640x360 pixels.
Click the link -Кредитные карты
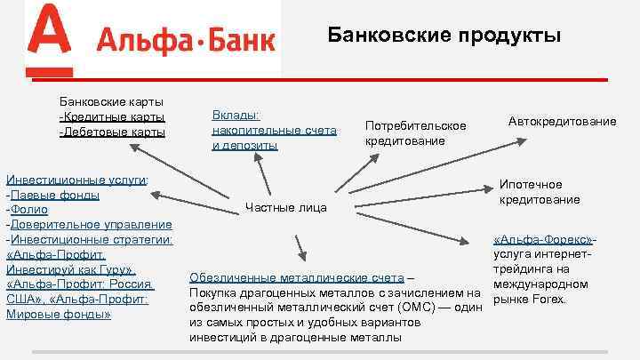(112, 116)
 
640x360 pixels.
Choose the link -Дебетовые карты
(112, 132)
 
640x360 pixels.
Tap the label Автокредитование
(562, 120)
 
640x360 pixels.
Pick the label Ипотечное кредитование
(539, 192)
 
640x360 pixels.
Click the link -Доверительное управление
(88, 224)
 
